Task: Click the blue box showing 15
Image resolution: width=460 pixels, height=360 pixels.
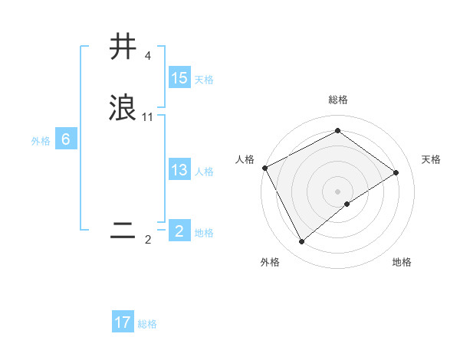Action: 179,78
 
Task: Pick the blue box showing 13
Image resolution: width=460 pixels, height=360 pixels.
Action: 179,170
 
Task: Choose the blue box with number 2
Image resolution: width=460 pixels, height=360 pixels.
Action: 179,231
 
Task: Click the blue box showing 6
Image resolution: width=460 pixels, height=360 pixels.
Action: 65,140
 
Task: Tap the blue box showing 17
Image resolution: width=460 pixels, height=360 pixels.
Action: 123,322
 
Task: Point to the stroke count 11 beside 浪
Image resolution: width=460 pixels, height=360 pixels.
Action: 148,117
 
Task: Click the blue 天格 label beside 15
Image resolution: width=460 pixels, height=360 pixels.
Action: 204,80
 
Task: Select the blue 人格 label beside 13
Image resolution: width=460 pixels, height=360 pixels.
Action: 204,172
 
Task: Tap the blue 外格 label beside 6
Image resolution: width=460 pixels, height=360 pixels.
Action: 40,141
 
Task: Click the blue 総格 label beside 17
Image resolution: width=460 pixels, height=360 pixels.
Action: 147,324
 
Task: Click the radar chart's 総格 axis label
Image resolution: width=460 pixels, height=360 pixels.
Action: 338,100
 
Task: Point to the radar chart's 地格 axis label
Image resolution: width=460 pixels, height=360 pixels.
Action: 402,263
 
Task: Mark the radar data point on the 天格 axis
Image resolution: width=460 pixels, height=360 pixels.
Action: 396,172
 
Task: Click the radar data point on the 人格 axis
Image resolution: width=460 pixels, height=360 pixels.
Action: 264,168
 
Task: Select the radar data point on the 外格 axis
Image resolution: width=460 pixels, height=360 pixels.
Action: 302,242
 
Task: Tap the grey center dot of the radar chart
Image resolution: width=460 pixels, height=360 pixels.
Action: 338,191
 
